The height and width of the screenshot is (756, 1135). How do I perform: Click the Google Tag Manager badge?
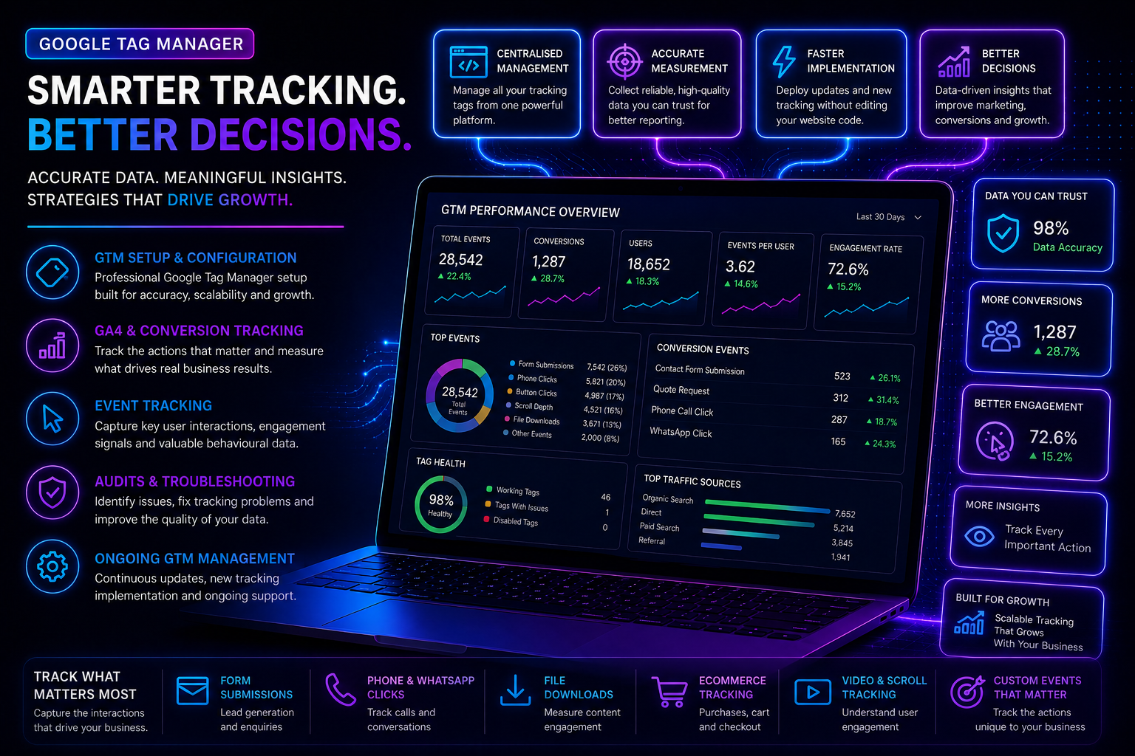tap(140, 44)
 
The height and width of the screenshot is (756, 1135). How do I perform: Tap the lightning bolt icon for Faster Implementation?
tap(783, 62)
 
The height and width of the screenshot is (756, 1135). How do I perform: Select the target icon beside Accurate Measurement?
tap(624, 62)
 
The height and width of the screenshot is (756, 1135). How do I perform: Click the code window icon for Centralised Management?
tap(468, 62)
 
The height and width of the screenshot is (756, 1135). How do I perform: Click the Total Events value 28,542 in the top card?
tap(460, 259)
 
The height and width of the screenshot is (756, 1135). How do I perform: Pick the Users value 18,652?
tap(649, 264)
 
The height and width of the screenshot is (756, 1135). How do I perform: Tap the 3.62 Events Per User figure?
tap(740, 266)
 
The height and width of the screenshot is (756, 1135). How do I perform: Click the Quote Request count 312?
tap(841, 398)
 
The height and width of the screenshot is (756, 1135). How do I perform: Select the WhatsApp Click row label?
tap(681, 433)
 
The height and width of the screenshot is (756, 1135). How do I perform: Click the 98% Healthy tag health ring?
tap(441, 504)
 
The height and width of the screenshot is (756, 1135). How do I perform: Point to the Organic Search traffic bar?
tap(767, 506)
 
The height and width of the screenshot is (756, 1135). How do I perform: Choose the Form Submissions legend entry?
tap(541, 365)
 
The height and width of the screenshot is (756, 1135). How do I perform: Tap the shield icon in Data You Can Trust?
tap(1003, 233)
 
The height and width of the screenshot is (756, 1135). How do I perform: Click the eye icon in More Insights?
tap(979, 536)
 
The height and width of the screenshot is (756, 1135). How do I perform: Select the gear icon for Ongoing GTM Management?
tap(52, 566)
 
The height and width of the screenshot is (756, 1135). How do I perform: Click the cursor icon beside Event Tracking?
tap(52, 419)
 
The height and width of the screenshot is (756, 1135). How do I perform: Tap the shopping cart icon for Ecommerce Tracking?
tap(669, 692)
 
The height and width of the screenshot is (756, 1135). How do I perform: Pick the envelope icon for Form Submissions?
tap(193, 691)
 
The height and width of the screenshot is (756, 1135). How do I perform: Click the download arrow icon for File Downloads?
tap(515, 690)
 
